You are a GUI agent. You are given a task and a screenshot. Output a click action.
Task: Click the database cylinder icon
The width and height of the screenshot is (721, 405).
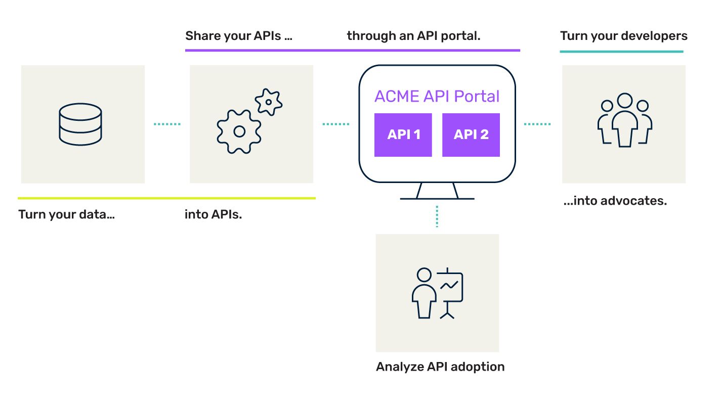[x=80, y=124]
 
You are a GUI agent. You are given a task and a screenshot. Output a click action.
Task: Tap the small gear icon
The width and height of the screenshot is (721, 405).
[x=268, y=102]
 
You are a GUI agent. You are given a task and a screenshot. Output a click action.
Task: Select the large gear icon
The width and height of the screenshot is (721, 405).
[x=239, y=131]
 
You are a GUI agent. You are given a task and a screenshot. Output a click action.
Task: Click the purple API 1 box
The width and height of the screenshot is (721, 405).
[x=403, y=134]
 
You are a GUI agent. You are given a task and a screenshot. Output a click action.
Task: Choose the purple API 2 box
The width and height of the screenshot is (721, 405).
[x=471, y=134]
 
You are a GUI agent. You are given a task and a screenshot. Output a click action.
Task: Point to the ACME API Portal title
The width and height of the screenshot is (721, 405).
[x=437, y=96]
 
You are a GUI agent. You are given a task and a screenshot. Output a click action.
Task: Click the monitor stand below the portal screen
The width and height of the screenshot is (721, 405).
[x=437, y=192]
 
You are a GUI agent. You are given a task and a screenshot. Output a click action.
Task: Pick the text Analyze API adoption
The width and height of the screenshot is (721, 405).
[x=440, y=367]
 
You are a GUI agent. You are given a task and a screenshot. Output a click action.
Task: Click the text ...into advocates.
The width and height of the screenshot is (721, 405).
[x=615, y=201]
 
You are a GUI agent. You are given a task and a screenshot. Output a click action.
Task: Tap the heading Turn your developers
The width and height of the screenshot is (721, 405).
[x=623, y=36]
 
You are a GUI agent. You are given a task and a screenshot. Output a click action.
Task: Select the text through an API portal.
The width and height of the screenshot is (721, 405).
[x=413, y=36]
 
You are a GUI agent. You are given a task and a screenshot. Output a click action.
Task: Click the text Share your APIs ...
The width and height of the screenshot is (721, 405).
[x=238, y=36]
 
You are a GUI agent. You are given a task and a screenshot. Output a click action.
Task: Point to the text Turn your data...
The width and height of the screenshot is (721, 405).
[x=66, y=214]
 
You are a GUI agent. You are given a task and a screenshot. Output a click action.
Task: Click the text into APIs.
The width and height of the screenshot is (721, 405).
[x=213, y=214]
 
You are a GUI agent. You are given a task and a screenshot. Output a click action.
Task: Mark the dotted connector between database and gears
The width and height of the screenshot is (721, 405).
[x=167, y=124]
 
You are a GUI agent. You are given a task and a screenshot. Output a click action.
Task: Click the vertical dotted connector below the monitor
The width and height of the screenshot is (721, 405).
[x=437, y=216]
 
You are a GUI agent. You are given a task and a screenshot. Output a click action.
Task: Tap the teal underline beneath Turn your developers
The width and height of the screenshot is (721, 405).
[x=621, y=51]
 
